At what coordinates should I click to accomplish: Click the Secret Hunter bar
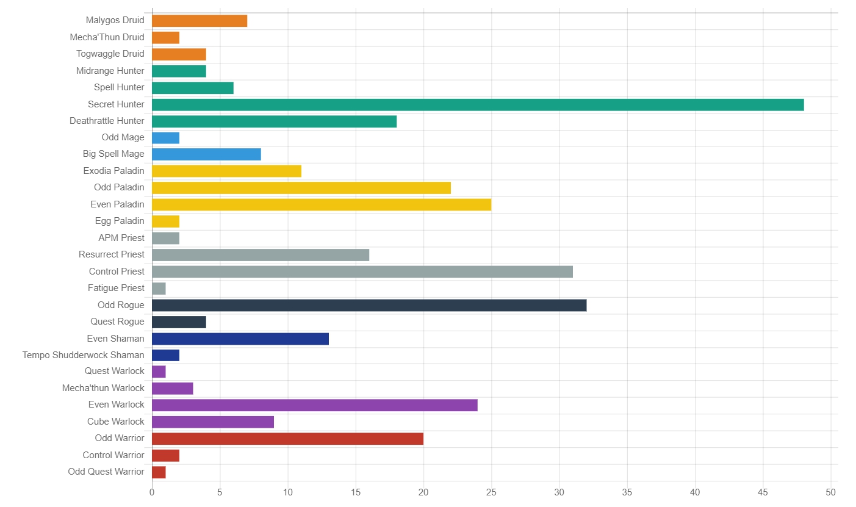click(x=478, y=104)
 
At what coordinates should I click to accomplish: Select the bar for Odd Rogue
click(x=369, y=305)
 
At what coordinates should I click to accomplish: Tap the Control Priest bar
click(x=362, y=271)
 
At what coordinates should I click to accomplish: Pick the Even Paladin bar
click(x=322, y=204)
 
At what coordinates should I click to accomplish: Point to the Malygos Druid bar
click(x=200, y=21)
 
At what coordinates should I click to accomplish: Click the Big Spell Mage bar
click(x=206, y=154)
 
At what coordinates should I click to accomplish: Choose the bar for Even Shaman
click(x=240, y=339)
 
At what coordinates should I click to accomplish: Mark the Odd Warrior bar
click(x=287, y=439)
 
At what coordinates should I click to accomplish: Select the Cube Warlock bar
click(x=213, y=422)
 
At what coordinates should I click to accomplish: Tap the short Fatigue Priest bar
click(x=159, y=288)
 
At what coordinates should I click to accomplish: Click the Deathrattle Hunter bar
click(x=274, y=121)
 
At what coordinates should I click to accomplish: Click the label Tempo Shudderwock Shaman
click(x=84, y=355)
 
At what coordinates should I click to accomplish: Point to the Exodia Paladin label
click(x=114, y=171)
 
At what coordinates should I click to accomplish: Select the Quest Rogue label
click(x=118, y=322)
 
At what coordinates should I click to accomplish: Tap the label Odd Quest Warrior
click(x=106, y=472)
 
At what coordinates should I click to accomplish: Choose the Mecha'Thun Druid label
click(x=107, y=37)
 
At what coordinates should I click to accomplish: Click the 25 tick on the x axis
click(x=491, y=492)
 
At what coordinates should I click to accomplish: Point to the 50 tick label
click(x=830, y=492)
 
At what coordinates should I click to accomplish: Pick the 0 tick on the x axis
click(x=152, y=492)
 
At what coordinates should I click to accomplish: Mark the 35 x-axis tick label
click(x=627, y=492)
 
